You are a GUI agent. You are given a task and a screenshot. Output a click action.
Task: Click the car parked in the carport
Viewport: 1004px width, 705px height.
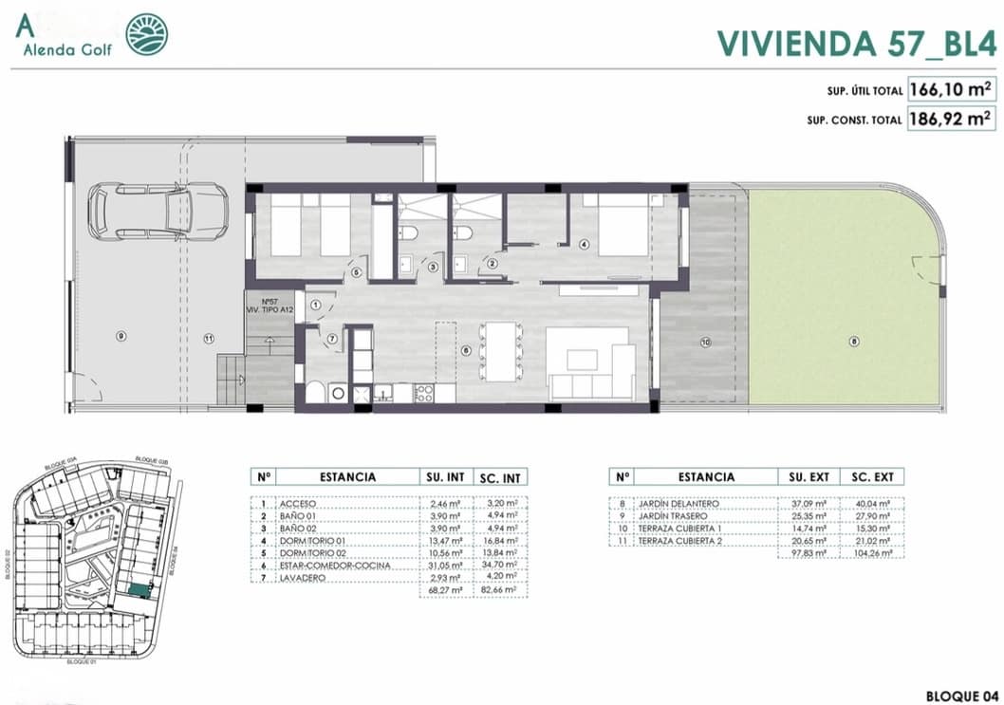tap(158, 211)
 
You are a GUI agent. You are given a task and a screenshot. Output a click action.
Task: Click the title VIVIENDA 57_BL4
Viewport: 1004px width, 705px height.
tap(854, 43)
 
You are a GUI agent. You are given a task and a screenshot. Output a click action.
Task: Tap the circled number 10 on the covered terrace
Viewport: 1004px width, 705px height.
tap(704, 342)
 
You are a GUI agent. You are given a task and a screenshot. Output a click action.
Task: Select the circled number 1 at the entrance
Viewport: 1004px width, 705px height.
tap(316, 305)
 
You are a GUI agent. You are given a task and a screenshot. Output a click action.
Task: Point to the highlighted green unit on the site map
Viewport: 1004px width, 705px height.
tap(139, 590)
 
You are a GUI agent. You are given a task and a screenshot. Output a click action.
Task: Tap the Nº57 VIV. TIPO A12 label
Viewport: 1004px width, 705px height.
tap(269, 304)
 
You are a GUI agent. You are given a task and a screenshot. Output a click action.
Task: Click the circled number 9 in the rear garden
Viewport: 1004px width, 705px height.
tap(120, 336)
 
